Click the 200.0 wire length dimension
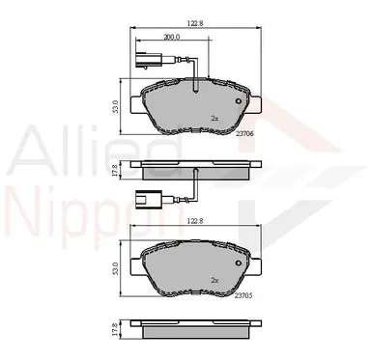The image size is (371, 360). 171,37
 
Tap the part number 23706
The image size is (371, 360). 244,134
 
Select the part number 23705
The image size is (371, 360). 243,295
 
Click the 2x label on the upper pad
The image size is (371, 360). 214,119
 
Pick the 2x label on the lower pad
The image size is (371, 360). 214,280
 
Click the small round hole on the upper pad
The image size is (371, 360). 239,101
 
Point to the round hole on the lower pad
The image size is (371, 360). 239,263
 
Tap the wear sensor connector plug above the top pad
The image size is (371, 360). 148,60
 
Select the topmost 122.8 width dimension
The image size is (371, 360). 195,23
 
